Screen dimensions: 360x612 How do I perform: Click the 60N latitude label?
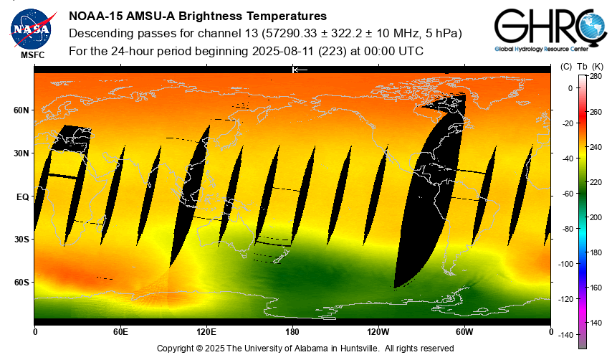[x=21, y=110]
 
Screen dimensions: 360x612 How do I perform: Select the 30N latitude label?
[x=21, y=153]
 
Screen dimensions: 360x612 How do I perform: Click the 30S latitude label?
[x=21, y=240]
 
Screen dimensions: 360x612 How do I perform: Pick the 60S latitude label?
[x=21, y=283]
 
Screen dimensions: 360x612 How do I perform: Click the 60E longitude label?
[x=120, y=332]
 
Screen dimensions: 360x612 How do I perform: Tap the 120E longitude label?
[x=206, y=332]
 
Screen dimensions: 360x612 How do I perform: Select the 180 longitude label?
[x=292, y=332]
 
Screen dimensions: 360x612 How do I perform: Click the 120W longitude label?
[x=378, y=332]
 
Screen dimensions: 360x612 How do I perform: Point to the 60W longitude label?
[x=464, y=332]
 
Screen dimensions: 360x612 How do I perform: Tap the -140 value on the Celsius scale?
[x=566, y=335]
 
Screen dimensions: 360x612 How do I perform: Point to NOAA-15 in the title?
[x=95, y=16]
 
